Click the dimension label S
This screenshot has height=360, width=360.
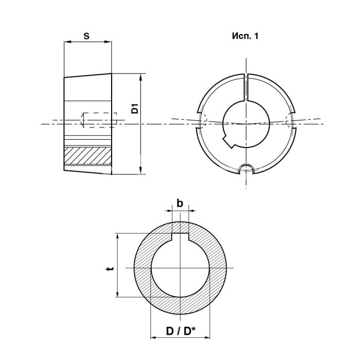86,36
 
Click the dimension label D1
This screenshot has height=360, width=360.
135,109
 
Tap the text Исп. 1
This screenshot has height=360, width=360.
245,36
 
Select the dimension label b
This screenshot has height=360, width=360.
180,203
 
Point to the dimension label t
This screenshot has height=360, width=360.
111,268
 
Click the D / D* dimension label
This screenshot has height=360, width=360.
181,331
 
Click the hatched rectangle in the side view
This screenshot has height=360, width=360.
88,156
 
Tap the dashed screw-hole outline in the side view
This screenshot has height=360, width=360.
99,120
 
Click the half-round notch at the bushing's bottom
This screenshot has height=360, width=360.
246,169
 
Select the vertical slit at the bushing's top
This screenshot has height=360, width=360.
246,87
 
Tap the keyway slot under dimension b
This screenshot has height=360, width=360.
181,237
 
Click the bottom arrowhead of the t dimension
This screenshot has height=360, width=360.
118,294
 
